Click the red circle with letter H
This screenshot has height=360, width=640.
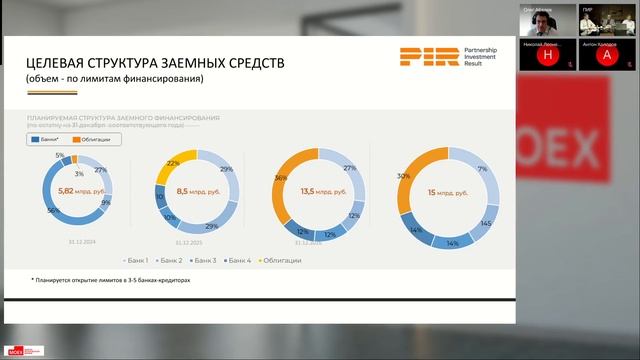coord(547,57)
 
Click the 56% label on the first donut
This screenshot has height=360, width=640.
coord(52,211)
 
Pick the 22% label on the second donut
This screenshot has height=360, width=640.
coord(172,162)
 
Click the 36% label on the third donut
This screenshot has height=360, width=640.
coord(281,178)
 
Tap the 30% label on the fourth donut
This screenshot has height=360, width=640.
coord(404,176)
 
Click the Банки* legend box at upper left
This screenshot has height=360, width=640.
coord(46,140)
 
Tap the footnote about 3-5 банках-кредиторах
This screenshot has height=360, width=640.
coord(110,281)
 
